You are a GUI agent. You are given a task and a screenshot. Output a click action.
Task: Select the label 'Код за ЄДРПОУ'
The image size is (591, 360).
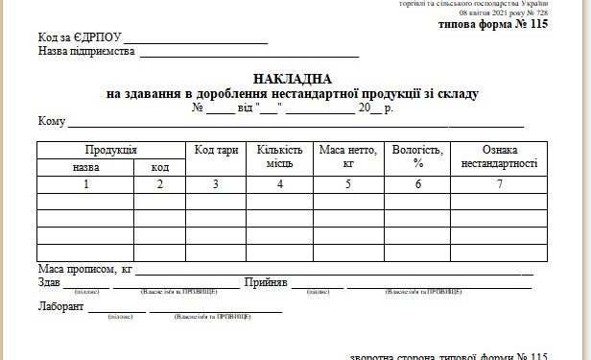pyautogui.click(x=81, y=38)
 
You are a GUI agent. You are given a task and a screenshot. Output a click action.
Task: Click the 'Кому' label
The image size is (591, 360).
pyautogui.click(x=52, y=121)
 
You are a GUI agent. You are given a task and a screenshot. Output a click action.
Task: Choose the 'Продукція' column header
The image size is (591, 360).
pyautogui.click(x=110, y=150)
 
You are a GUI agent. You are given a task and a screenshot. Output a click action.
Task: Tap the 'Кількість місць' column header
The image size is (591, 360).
pyautogui.click(x=279, y=156)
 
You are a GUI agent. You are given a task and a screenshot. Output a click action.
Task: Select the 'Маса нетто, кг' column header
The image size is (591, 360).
pyautogui.click(x=348, y=156)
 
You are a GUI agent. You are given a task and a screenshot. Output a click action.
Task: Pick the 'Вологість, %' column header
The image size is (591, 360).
pyautogui.click(x=417, y=156)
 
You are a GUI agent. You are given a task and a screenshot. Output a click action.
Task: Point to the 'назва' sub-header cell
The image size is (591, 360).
pyautogui.click(x=85, y=166)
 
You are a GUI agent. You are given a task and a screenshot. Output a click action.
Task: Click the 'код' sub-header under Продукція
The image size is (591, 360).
pyautogui.click(x=159, y=166)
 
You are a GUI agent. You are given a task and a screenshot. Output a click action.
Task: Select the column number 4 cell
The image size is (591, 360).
pyautogui.click(x=279, y=183)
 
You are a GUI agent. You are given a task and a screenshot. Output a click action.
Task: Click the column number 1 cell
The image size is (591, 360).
pyautogui.click(x=85, y=183)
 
